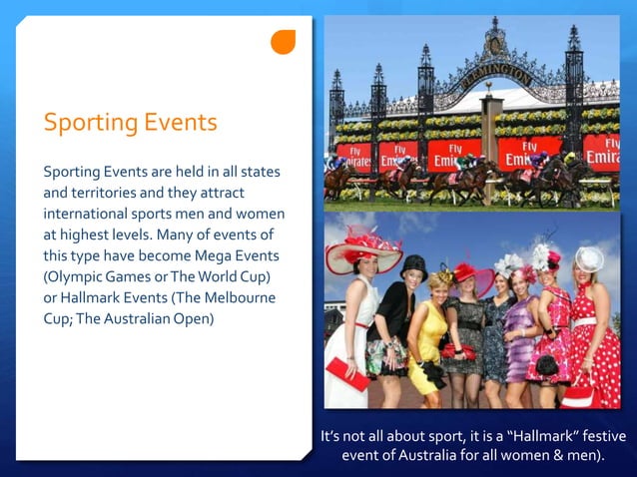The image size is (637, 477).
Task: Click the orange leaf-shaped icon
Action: (x=284, y=42)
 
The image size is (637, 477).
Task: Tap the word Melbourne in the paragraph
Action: (x=241, y=297)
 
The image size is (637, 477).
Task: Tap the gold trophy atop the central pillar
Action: (x=491, y=85)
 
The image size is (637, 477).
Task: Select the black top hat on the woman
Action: (x=414, y=266)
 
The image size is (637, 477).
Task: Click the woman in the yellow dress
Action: (x=429, y=339)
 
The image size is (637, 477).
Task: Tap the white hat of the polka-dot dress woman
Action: (x=589, y=258)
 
